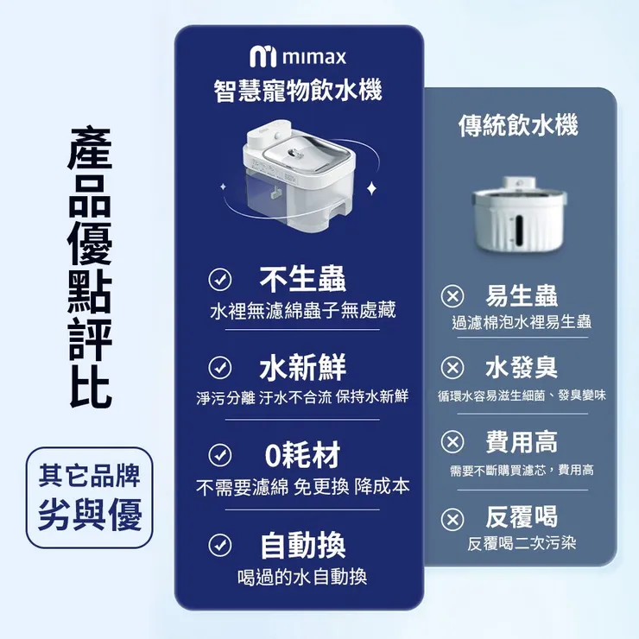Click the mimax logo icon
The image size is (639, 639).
coord(263,58)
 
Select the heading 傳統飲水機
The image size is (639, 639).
coord(517,127)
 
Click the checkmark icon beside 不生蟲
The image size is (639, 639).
coord(220,278)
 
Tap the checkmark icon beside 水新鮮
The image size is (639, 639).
coord(220,368)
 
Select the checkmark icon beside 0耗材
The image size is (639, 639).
coord(220,454)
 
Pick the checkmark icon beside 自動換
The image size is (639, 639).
coord(220,544)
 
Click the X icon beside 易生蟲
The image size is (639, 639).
coord(452,295)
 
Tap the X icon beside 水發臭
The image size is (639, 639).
coord(452,369)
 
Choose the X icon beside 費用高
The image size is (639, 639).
coord(452,443)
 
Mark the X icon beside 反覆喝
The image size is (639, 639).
coord(452,518)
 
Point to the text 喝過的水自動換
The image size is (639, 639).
coord(302,577)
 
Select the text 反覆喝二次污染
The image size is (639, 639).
coord(521,544)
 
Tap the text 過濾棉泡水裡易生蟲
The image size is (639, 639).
coord(522,322)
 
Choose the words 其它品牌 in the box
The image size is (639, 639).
coord(90,476)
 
